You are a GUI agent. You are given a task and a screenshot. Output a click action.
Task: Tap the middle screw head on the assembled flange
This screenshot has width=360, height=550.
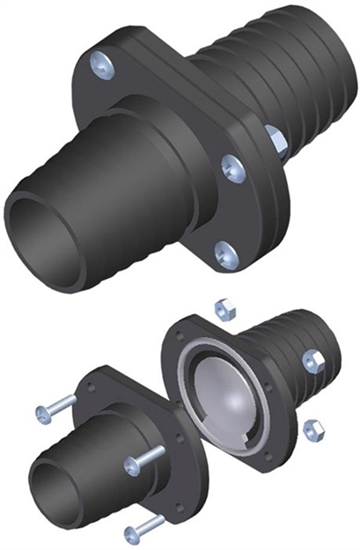[232, 165]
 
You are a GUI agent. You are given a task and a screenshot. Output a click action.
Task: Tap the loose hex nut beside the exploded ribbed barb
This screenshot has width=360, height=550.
[312, 360]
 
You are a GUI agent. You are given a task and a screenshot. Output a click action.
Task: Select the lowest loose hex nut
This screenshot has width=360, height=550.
[312, 428]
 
